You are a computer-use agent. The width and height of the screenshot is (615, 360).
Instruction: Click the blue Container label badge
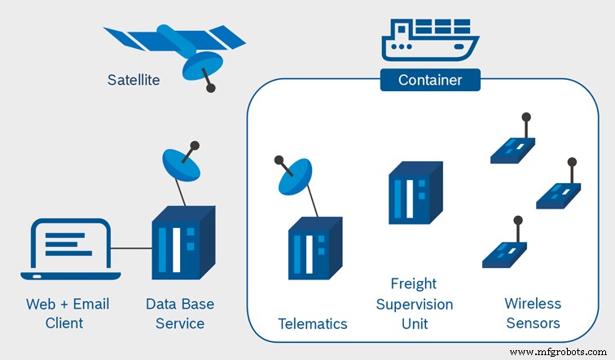pyautogui.click(x=430, y=80)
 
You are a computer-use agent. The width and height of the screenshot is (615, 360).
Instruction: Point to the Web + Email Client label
pyautogui.click(x=67, y=314)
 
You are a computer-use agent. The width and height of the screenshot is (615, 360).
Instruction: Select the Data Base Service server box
pyautogui.click(x=182, y=243)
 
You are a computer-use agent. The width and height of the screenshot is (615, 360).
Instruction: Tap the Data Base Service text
pyautogui.click(x=180, y=314)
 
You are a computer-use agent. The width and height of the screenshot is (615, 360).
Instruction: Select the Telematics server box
pyautogui.click(x=314, y=248)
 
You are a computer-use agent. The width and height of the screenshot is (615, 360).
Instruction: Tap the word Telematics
pyautogui.click(x=313, y=323)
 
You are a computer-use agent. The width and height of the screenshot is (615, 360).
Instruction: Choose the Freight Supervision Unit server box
pyautogui.click(x=414, y=192)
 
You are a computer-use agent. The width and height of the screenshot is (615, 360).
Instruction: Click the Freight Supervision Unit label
pyautogui.click(x=413, y=303)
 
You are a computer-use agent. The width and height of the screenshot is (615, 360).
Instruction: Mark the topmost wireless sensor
pyautogui.click(x=512, y=146)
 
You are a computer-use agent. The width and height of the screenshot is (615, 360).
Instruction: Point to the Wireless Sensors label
pyautogui.click(x=533, y=314)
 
